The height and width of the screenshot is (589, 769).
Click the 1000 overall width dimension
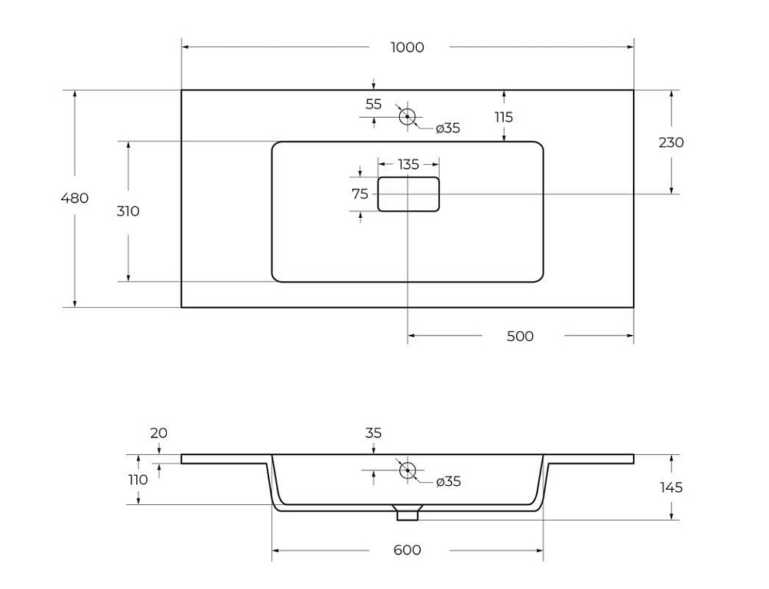point(407,47)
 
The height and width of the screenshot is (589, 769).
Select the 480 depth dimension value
point(75,199)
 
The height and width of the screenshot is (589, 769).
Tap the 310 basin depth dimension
point(128,211)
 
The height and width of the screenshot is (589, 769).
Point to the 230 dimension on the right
point(671,142)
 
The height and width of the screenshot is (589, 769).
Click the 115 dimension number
point(504,117)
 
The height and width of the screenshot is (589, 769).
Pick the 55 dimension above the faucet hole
point(373,104)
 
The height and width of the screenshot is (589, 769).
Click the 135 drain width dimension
point(408,165)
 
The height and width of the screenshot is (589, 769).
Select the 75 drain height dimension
point(360,194)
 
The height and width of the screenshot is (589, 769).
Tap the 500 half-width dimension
point(520,336)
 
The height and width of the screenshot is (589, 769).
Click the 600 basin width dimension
point(407,550)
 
